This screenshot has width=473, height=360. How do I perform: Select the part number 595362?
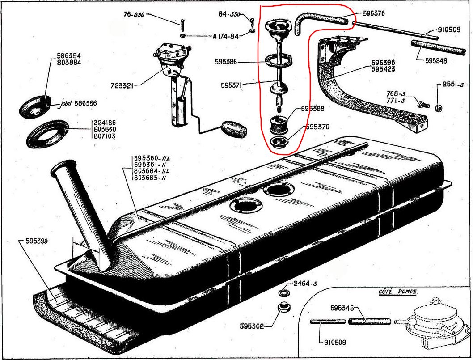(x=249, y=326)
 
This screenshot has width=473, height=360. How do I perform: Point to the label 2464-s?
(x=305, y=284)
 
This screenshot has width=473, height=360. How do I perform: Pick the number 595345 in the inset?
(x=342, y=308)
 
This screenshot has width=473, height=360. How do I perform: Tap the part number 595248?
(x=435, y=61)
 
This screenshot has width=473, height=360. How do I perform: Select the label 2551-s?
(x=454, y=84)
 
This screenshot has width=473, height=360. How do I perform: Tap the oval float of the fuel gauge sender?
(x=233, y=130)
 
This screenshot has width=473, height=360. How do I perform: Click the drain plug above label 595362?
(x=283, y=309)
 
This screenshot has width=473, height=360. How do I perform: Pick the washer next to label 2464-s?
(x=283, y=293)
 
